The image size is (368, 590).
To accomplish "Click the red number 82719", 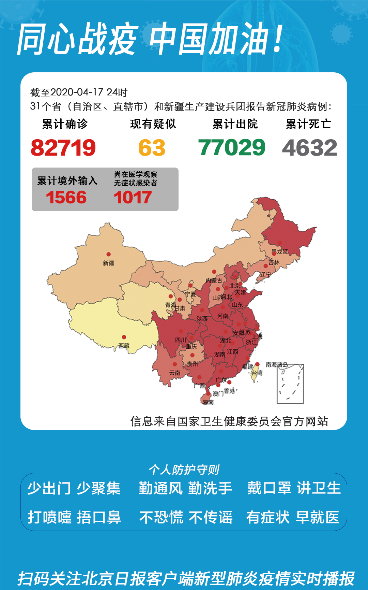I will (63, 148).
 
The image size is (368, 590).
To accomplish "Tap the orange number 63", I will (152, 148).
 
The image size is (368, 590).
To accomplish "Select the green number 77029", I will (232, 148).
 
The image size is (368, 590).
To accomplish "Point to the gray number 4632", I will (309, 148).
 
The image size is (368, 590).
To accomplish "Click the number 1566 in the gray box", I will (66, 198).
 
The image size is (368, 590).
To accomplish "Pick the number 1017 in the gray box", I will (133, 198).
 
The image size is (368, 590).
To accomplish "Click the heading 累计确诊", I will (65, 124).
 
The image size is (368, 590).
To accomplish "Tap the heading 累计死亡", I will (308, 124).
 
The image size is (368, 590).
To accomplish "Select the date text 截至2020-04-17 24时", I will (79, 92).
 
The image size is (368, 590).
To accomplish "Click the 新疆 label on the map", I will (109, 263).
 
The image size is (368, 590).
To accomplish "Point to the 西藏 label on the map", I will (124, 346).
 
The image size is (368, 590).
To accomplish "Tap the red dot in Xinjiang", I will (108, 254).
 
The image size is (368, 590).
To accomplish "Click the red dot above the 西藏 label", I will (124, 337).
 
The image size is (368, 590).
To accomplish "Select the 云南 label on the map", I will (175, 373).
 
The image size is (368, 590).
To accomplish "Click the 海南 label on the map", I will (208, 402).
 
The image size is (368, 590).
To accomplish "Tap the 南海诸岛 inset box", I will (290, 384).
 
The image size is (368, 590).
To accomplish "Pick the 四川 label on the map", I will (181, 340).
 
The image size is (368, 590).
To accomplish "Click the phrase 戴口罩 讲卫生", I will (294, 488).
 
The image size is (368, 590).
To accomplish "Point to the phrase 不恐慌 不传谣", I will (186, 517).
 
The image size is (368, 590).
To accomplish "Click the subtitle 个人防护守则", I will (184, 470).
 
